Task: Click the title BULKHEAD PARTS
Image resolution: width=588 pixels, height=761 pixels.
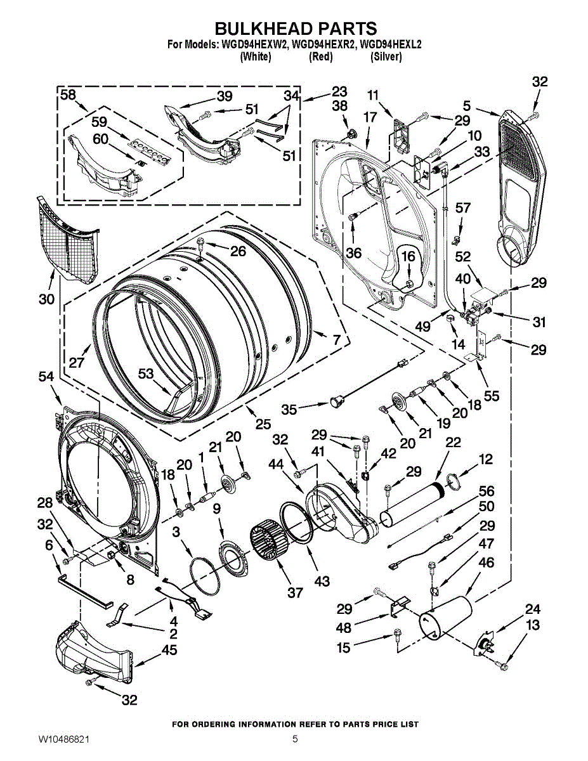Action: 295,29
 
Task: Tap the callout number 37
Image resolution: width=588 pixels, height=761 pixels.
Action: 295,592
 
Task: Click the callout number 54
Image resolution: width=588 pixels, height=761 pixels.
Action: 46,377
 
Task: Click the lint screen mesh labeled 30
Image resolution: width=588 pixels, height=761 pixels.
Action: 70,238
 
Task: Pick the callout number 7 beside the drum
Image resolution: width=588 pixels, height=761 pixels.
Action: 336,339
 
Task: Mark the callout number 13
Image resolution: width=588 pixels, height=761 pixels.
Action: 533,625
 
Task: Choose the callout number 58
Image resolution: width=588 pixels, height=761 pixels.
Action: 69,94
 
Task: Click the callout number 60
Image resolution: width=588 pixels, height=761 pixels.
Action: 100,139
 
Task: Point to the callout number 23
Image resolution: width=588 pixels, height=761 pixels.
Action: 339,91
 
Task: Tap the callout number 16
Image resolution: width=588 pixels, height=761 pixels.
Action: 408,256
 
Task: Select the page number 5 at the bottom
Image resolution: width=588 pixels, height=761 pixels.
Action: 295,739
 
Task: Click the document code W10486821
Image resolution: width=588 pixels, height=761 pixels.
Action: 63,739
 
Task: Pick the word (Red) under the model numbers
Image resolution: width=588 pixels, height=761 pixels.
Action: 320,56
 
